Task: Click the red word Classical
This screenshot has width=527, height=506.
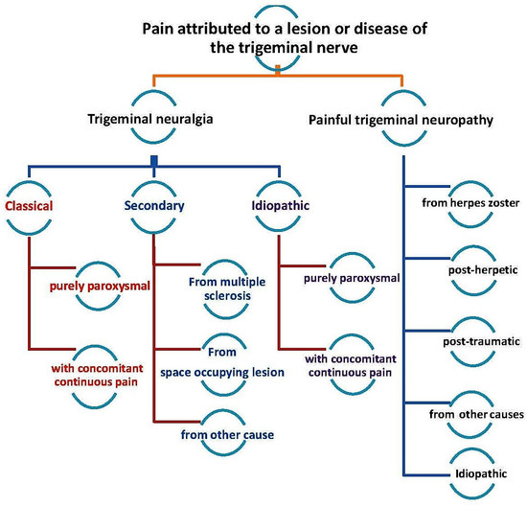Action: click(30, 204)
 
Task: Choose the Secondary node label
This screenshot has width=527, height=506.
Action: click(153, 204)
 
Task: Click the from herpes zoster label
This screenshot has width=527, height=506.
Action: click(470, 202)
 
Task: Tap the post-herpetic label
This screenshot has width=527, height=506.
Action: click(470, 271)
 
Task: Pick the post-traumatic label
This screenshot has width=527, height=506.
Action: click(470, 340)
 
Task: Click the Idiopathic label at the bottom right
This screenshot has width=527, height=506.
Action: click(470, 471)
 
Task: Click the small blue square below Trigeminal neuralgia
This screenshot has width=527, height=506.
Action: click(152, 159)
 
